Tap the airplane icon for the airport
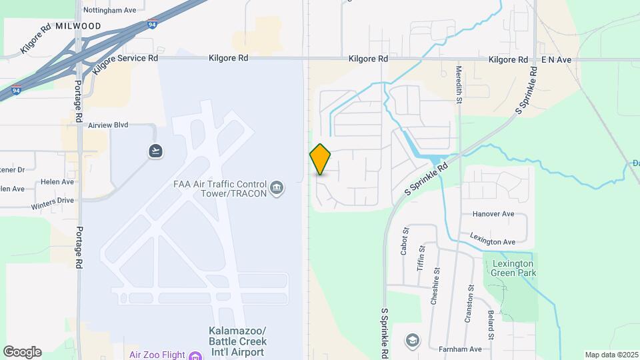pos(155,151)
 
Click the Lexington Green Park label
pos(513,268)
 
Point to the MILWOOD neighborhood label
pos(79,26)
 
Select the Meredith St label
pos(459,84)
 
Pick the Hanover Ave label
pos(493,214)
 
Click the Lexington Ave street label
pos(493,241)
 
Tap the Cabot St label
pos(404,241)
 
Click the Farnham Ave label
pos(459,349)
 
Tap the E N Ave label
pos(556,60)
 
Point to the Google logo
pos(22,352)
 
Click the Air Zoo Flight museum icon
pos(195,355)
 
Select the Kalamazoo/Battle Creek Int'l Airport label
pos(238,341)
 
